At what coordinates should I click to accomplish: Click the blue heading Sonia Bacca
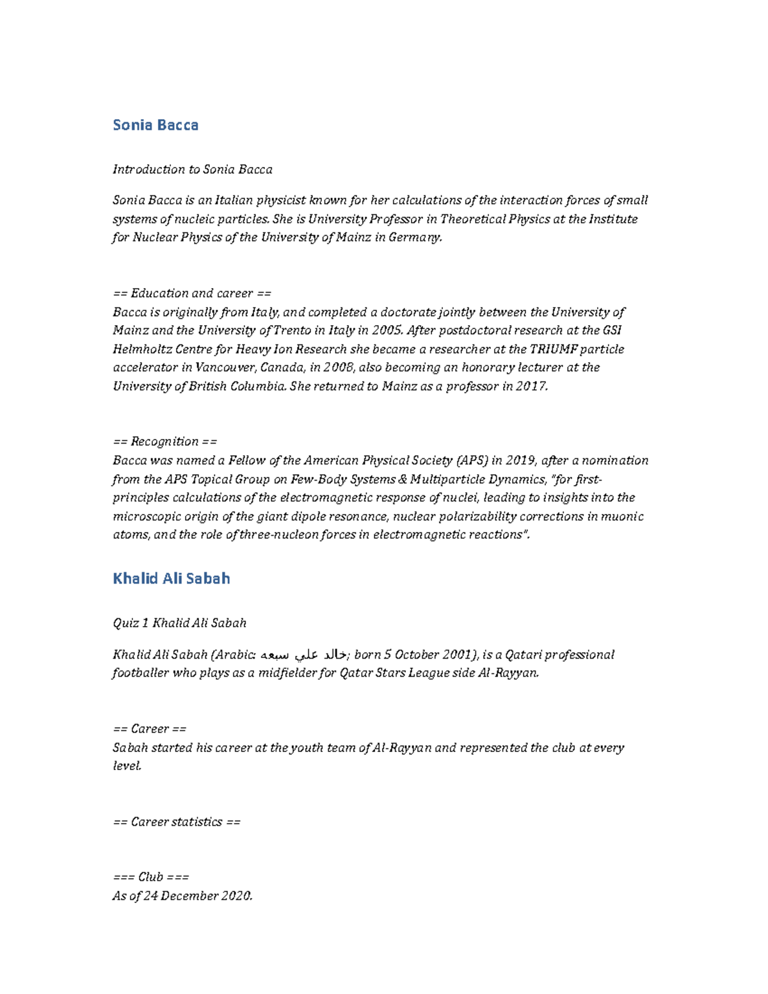click(x=156, y=125)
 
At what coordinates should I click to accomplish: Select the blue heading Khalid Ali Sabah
click(x=171, y=579)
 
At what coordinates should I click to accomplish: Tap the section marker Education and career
click(x=191, y=293)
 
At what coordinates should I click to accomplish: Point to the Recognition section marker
click(x=164, y=441)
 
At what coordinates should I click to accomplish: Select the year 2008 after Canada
click(x=337, y=367)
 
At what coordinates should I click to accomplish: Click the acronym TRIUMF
click(x=553, y=349)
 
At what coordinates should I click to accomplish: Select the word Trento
click(x=291, y=330)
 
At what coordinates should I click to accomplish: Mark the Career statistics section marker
click(x=176, y=821)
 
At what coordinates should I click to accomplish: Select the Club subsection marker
click(x=150, y=877)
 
